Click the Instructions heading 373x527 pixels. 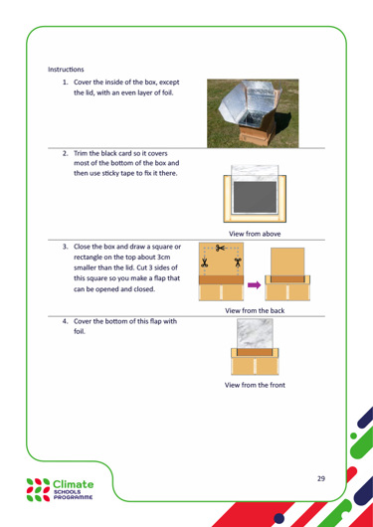coord(66,70)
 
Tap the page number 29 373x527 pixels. coord(321,478)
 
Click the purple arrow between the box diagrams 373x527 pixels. coord(254,285)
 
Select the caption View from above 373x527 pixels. coord(255,234)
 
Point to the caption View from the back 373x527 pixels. coord(255,310)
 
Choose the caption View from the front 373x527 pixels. coord(255,385)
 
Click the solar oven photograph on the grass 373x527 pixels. coord(253,113)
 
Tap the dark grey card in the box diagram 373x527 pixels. coord(255,197)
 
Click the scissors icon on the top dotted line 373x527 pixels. coord(221,249)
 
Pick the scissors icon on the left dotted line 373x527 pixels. coord(204,263)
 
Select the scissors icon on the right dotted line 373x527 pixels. coord(239,263)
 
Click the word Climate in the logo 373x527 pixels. coord(74,484)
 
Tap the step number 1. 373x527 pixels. coord(65,83)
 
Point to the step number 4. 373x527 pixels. coord(65,321)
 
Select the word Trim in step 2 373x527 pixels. coord(80,153)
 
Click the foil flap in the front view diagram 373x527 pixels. coord(255,333)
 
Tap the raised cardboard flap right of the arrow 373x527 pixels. coord(287,262)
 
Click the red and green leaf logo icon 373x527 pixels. coord(38,490)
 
